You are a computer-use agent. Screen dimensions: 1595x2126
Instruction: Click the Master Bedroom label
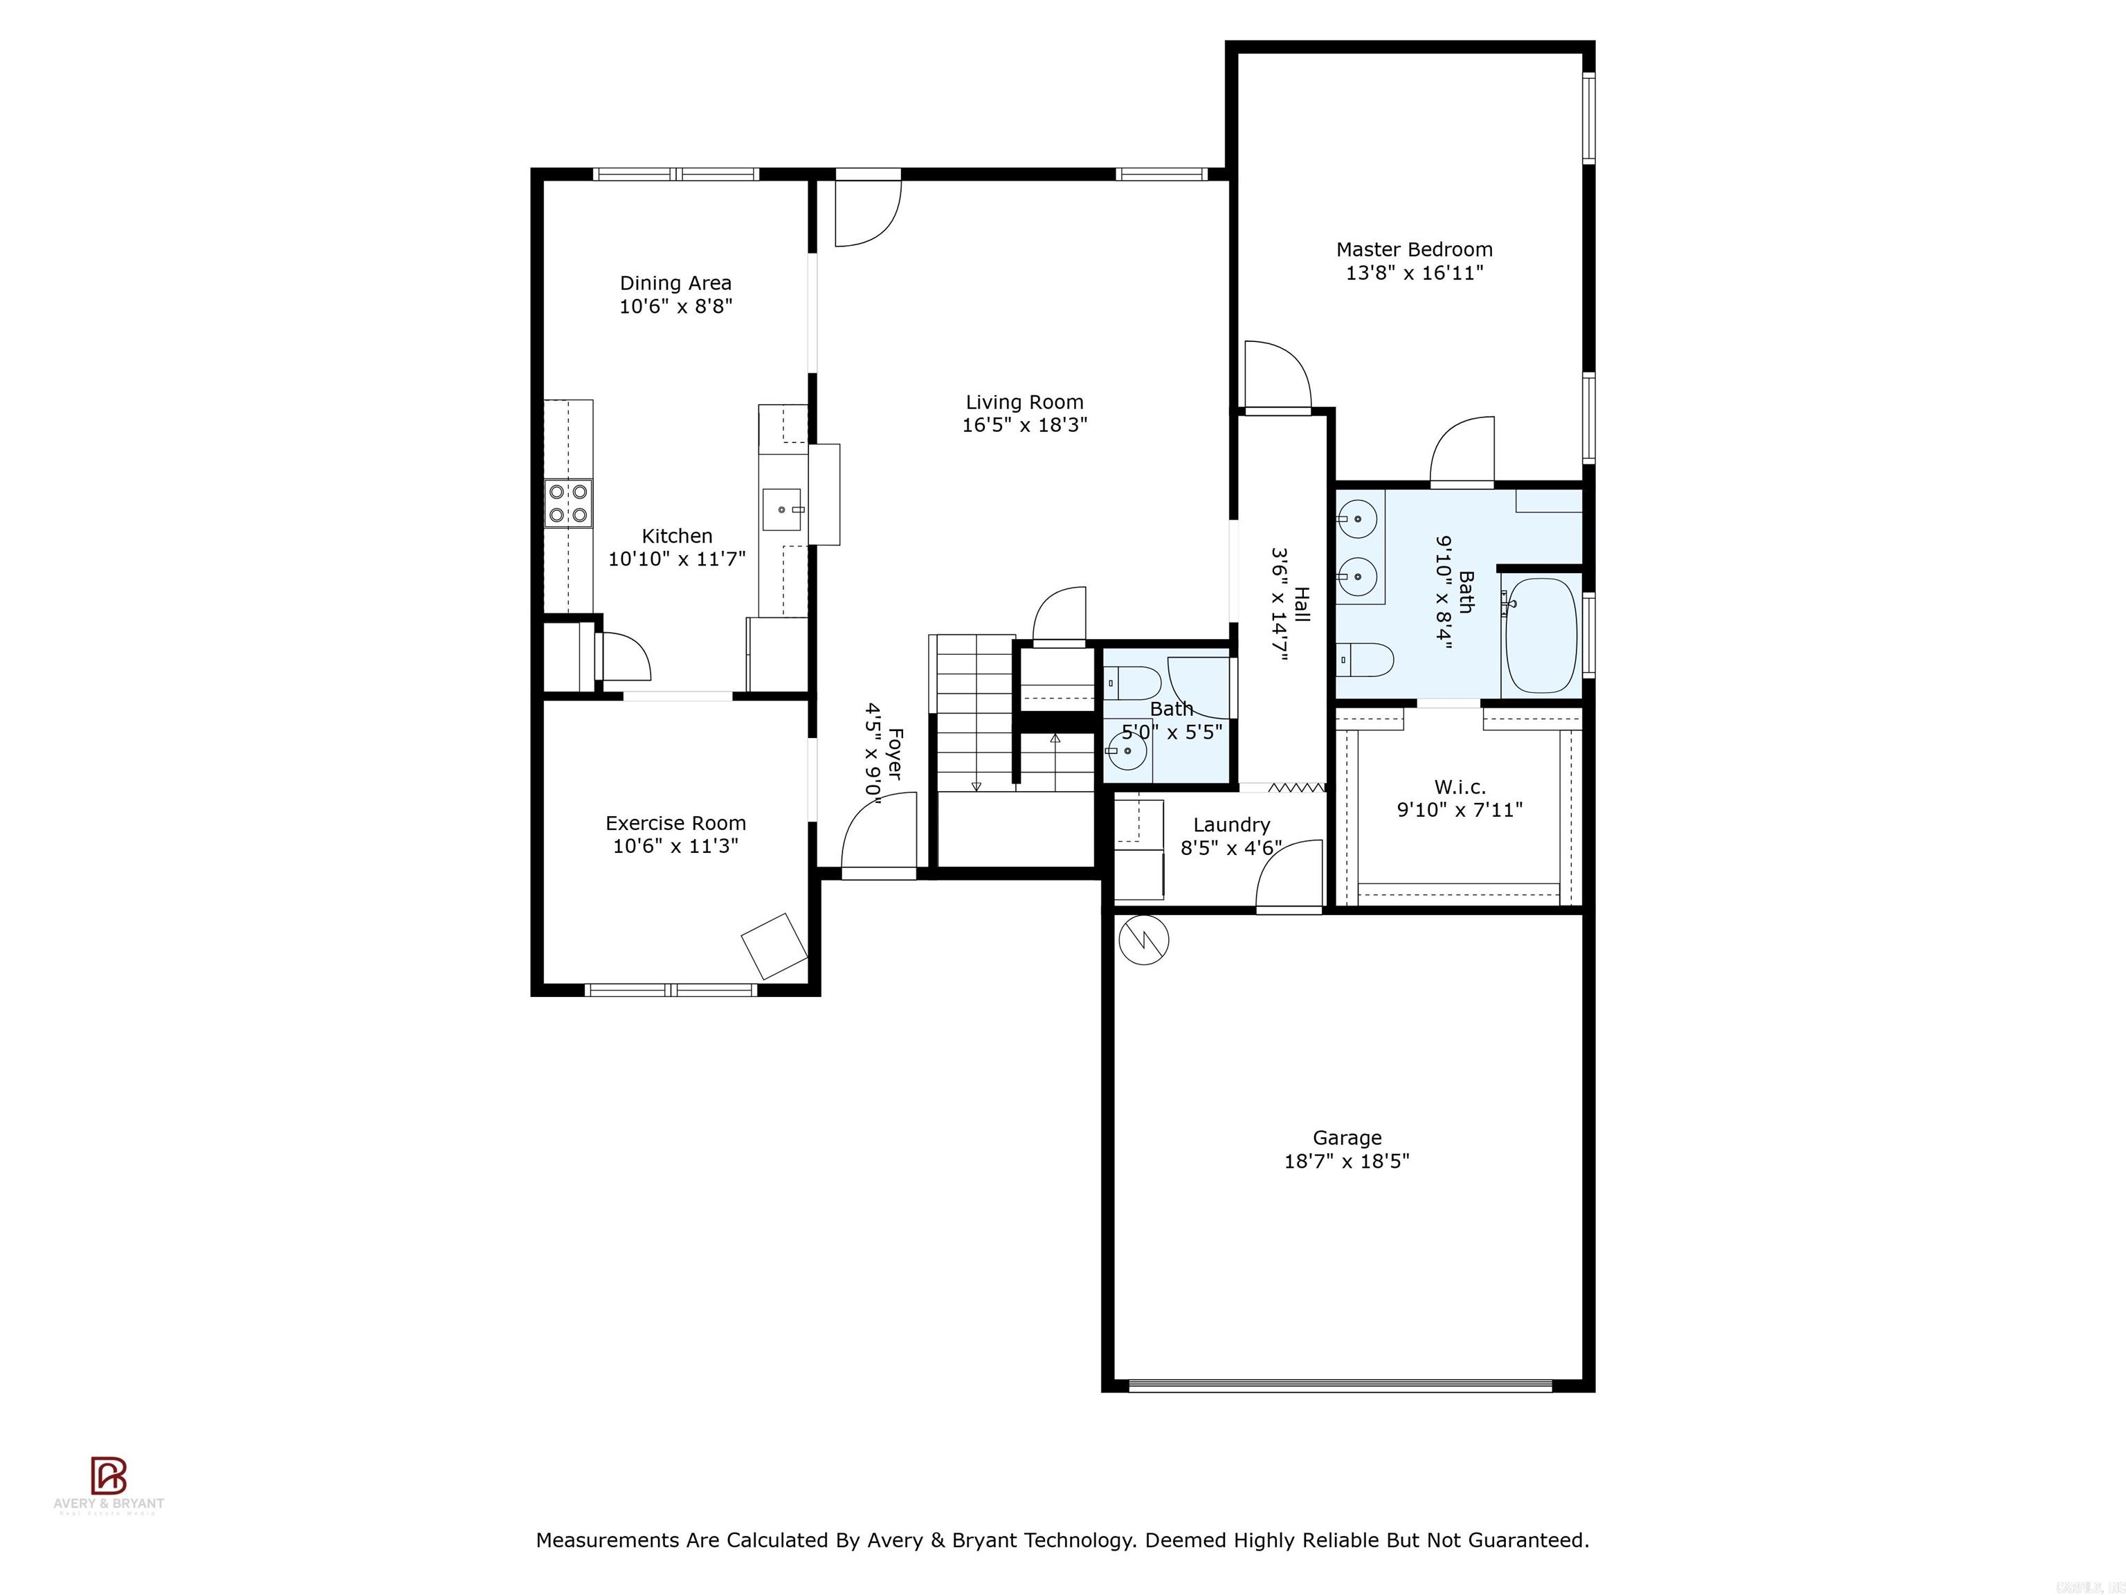tap(1414, 250)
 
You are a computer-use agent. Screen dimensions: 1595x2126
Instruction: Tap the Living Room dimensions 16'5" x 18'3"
tap(1024, 425)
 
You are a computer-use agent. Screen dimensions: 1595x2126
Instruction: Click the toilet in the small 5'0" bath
tap(1134, 683)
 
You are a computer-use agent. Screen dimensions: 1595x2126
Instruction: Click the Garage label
tap(1347, 1138)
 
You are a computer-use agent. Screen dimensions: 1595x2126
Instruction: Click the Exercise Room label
tap(675, 823)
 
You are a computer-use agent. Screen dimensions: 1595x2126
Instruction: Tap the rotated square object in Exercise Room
tap(774, 946)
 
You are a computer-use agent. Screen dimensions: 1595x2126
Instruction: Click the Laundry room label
tap(1231, 825)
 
